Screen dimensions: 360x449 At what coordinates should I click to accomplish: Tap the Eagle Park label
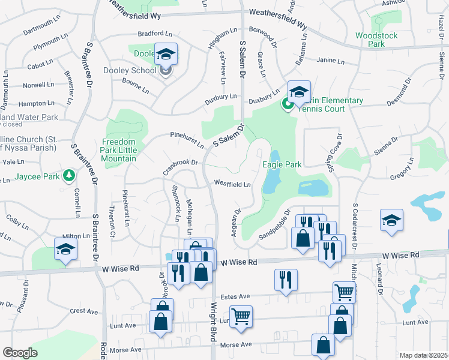[x=282, y=164]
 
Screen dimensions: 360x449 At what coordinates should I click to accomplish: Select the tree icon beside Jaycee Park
[x=70, y=176]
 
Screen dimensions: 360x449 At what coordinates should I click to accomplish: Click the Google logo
[x=20, y=352]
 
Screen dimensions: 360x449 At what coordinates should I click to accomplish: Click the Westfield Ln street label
[x=232, y=184]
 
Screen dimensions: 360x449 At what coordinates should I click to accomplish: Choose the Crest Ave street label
[x=83, y=311]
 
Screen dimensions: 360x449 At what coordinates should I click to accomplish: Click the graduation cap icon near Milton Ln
[x=65, y=249]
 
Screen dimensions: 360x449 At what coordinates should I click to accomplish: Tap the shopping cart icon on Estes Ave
[x=344, y=292]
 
